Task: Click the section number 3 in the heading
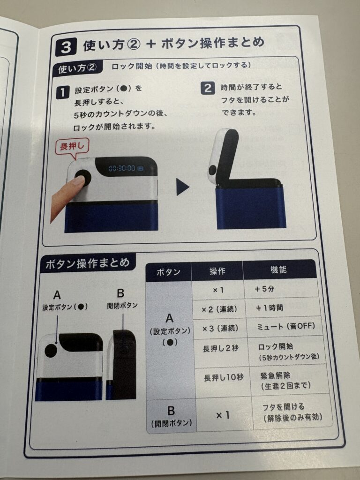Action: [x=66, y=47]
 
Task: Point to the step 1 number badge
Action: [x=62, y=92]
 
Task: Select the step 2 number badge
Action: [x=208, y=88]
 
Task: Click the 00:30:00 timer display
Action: [x=122, y=168]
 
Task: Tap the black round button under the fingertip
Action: [x=83, y=178]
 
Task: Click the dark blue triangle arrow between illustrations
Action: [x=182, y=187]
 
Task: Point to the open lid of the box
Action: [x=223, y=156]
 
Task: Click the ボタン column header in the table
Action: [x=168, y=271]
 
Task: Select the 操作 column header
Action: [x=217, y=270]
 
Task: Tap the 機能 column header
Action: [x=278, y=270]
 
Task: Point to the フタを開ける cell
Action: [x=292, y=412]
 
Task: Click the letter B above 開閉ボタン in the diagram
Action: [x=120, y=293]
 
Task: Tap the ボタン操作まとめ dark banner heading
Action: [x=88, y=263]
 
